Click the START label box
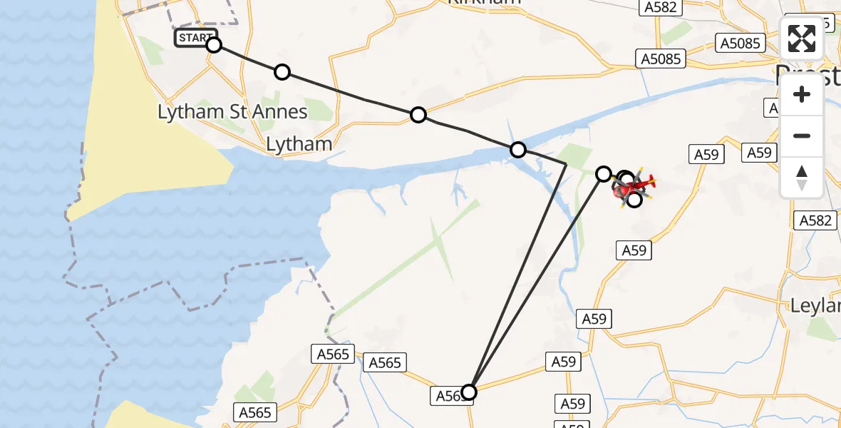[194, 38]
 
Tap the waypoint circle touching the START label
[214, 46]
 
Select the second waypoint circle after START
[282, 72]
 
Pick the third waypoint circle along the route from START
[418, 115]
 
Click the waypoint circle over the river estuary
[518, 150]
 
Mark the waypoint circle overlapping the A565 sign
[469, 392]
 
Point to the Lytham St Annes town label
[232, 112]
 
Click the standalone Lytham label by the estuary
[299, 144]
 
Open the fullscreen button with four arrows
[802, 39]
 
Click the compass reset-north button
[802, 176]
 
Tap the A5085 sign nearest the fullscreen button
[740, 44]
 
